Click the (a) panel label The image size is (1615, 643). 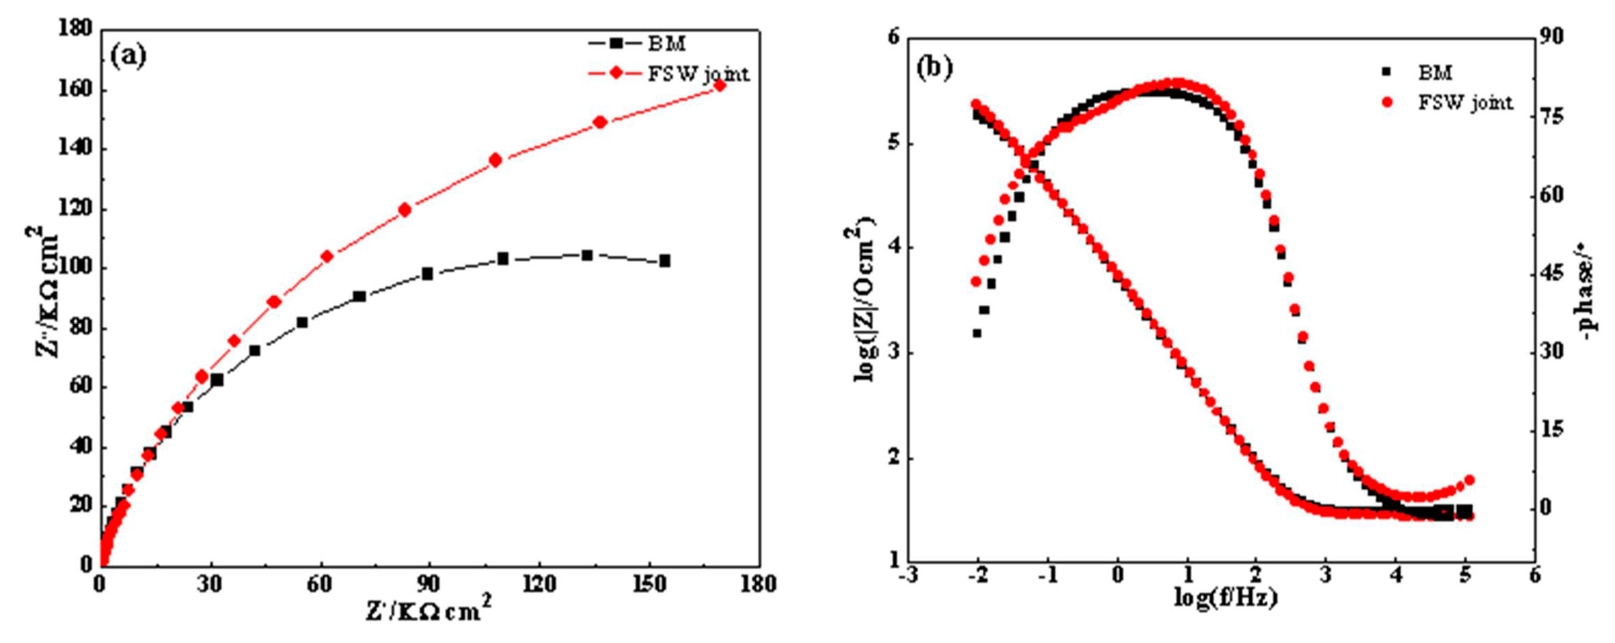[x=128, y=56]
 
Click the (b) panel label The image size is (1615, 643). [x=934, y=67]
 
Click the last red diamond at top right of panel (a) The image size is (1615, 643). [x=720, y=85]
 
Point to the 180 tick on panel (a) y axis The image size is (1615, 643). [x=75, y=28]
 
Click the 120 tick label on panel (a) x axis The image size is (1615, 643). [x=539, y=584]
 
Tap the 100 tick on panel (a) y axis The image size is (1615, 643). [x=75, y=268]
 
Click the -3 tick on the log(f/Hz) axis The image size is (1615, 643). [x=908, y=576]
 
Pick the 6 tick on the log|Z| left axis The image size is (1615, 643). [x=893, y=38]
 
